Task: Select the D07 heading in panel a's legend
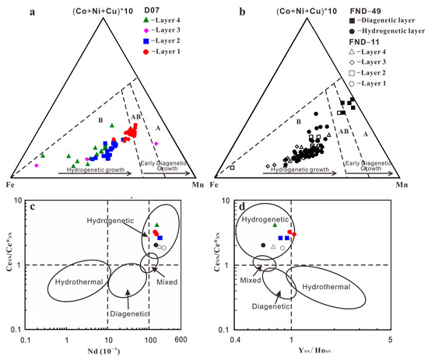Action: [x=160, y=10]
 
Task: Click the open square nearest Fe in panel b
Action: [x=231, y=168]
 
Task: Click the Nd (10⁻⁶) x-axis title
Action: [x=101, y=352]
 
